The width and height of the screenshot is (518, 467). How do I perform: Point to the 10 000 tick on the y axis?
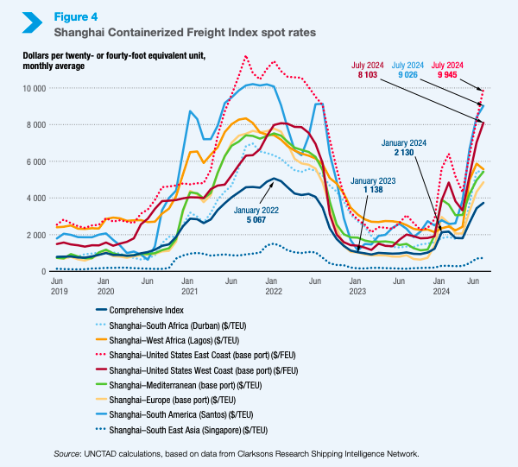[x=35, y=88]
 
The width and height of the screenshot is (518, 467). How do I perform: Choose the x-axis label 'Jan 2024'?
[x=439, y=287]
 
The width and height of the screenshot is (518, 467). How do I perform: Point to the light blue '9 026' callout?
[x=409, y=70]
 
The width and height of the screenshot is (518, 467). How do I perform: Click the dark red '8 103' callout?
[x=369, y=70]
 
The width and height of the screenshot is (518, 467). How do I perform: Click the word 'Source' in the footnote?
[x=67, y=453]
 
